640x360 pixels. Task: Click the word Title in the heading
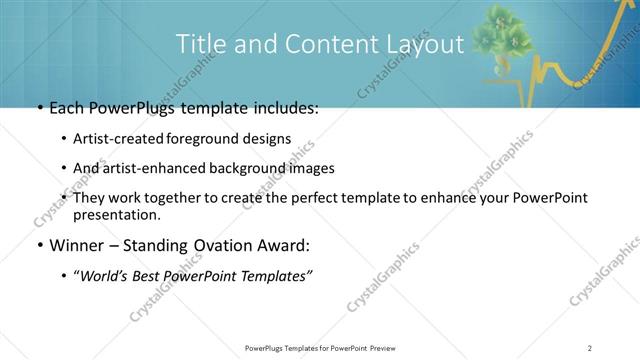(x=199, y=45)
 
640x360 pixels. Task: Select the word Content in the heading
(x=322, y=45)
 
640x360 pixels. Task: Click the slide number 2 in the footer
(x=589, y=347)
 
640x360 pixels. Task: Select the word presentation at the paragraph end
(x=116, y=215)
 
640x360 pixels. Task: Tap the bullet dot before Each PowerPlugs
(x=39, y=108)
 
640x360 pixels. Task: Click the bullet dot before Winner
(x=39, y=244)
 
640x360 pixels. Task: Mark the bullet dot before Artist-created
(x=64, y=138)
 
